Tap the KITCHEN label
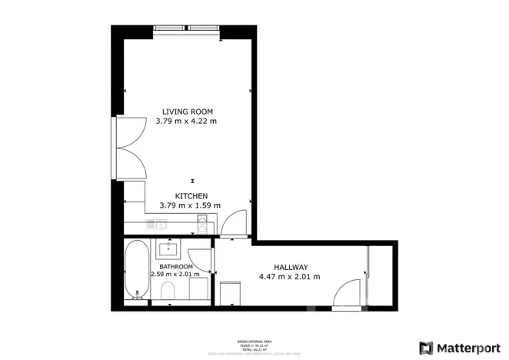[191, 196]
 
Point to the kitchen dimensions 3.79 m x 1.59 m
[190, 205]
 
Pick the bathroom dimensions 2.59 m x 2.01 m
[175, 274]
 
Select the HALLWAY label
[289, 266]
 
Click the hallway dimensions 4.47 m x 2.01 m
[289, 276]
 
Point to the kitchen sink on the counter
[159, 225]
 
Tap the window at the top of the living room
[187, 30]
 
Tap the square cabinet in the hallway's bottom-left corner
[230, 293]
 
